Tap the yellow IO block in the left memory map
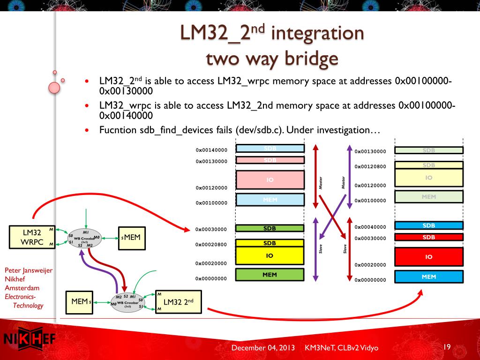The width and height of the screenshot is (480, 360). point(270,256)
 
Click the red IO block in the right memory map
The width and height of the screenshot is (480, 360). point(429,257)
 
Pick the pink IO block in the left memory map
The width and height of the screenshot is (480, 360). point(270,179)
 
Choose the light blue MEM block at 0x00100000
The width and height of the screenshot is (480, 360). point(270,200)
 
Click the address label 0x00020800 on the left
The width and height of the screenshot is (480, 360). point(211,245)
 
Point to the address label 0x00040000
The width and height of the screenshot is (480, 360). point(370,227)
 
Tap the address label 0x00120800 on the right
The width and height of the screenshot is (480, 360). point(370,166)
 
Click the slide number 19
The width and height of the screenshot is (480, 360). point(447,347)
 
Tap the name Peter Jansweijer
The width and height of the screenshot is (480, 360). point(29,270)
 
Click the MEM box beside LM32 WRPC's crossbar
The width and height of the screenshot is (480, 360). point(132,238)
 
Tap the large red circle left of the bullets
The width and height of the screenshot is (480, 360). point(54,87)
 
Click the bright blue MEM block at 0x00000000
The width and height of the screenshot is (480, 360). point(429,277)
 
